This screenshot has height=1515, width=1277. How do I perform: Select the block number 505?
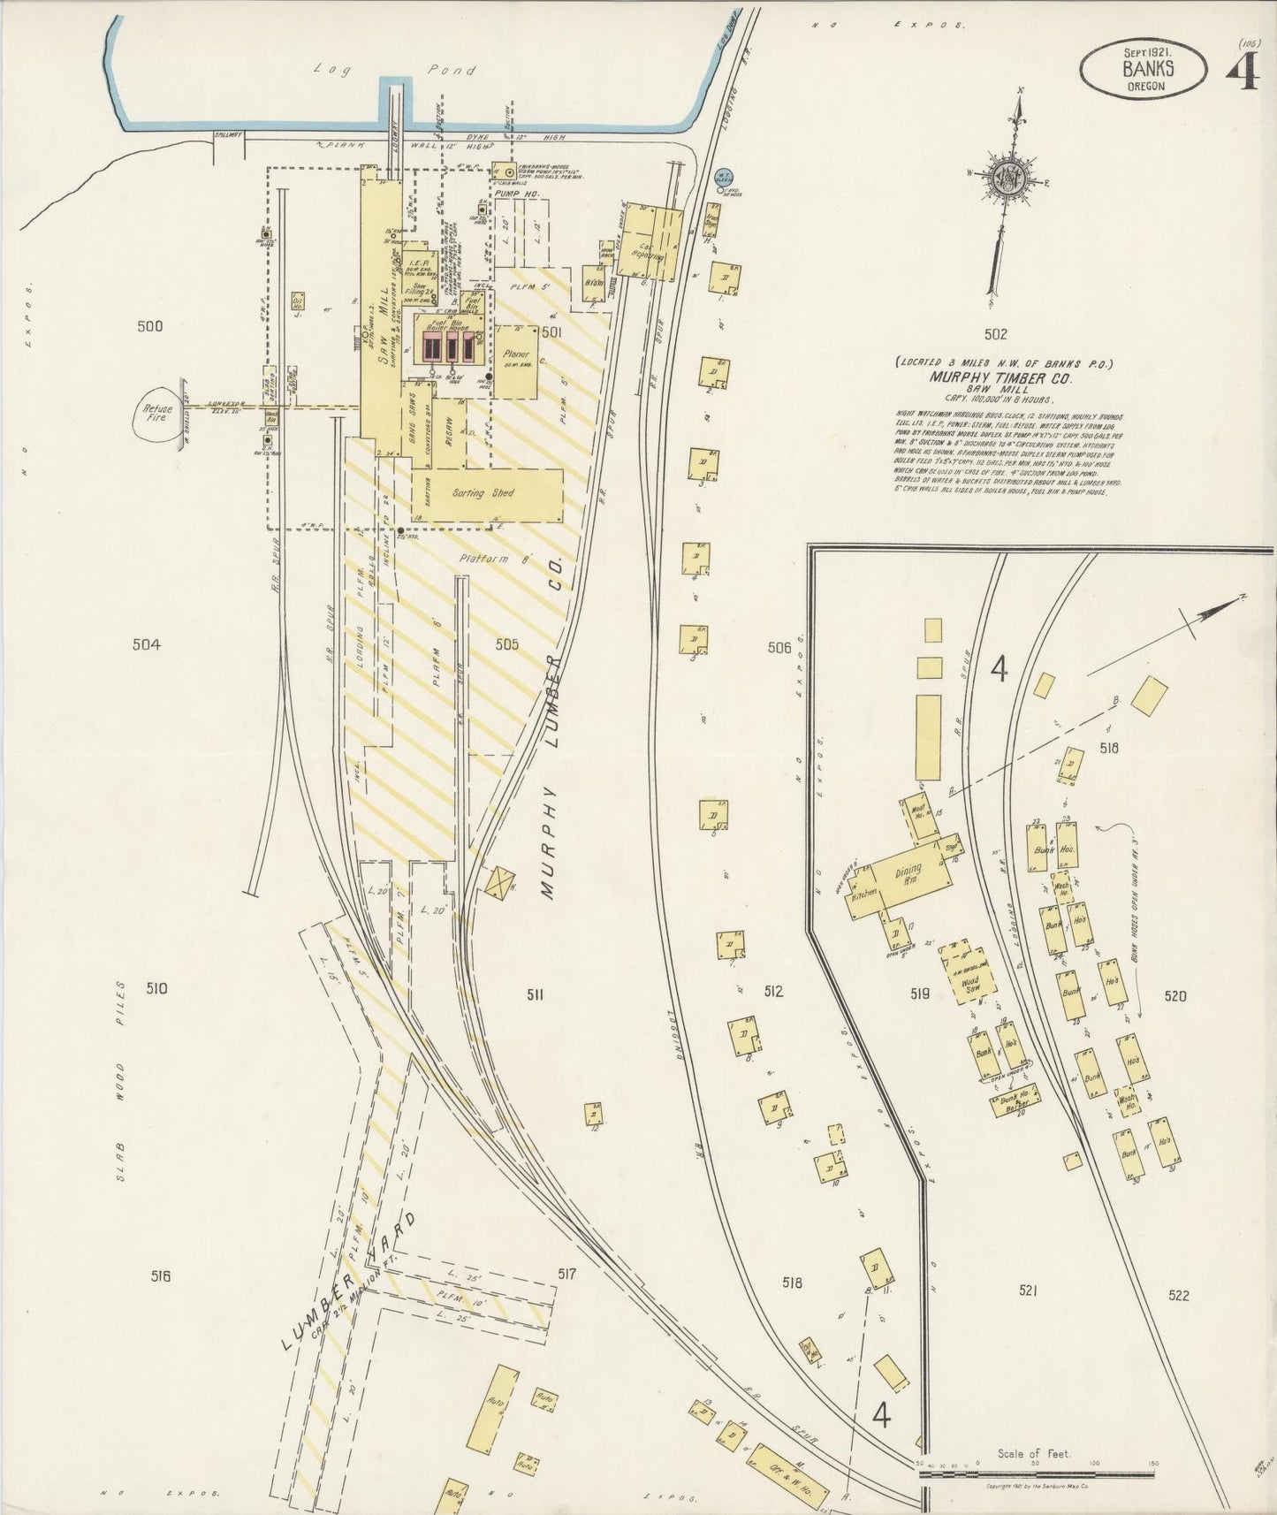(506, 644)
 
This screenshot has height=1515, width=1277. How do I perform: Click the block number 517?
(566, 1274)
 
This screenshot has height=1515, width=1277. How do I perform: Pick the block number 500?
(150, 326)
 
